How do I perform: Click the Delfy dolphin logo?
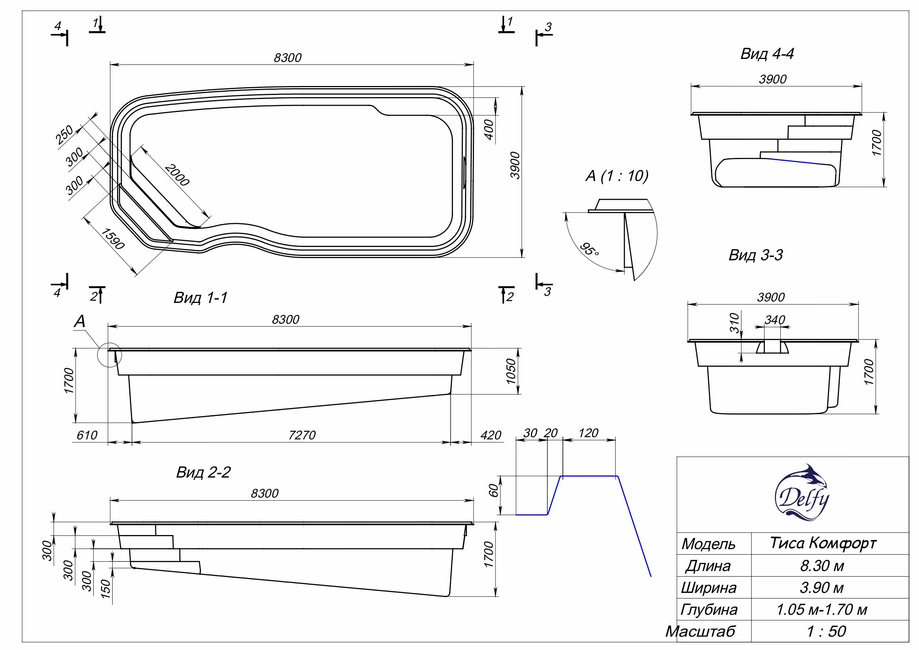tap(802, 493)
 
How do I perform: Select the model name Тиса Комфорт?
tap(823, 543)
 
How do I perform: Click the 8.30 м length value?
tap(822, 565)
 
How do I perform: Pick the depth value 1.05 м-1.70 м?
tap(822, 609)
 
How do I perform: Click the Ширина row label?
tap(709, 588)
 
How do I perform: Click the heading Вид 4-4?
tap(767, 54)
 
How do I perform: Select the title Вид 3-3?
tap(755, 255)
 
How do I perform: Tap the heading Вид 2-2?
tap(203, 473)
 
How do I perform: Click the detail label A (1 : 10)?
tap(617, 176)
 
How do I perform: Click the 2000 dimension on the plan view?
tap(176, 175)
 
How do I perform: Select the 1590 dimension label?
tap(113, 239)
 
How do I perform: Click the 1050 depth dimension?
tap(511, 371)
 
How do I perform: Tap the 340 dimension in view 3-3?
tap(774, 320)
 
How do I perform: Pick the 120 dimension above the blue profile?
tap(588, 433)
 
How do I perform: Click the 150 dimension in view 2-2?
tap(105, 589)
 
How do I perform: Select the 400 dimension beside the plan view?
tap(489, 129)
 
